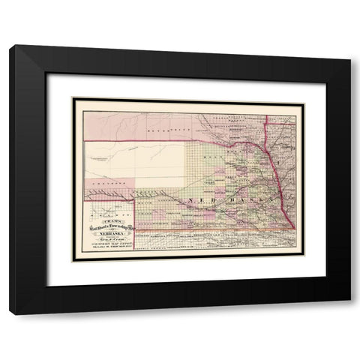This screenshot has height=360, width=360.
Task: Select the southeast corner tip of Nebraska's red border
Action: click(295, 227)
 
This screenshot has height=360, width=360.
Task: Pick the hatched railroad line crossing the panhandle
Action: click(105, 194)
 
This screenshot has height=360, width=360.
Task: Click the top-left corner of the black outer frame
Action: click(10, 46)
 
